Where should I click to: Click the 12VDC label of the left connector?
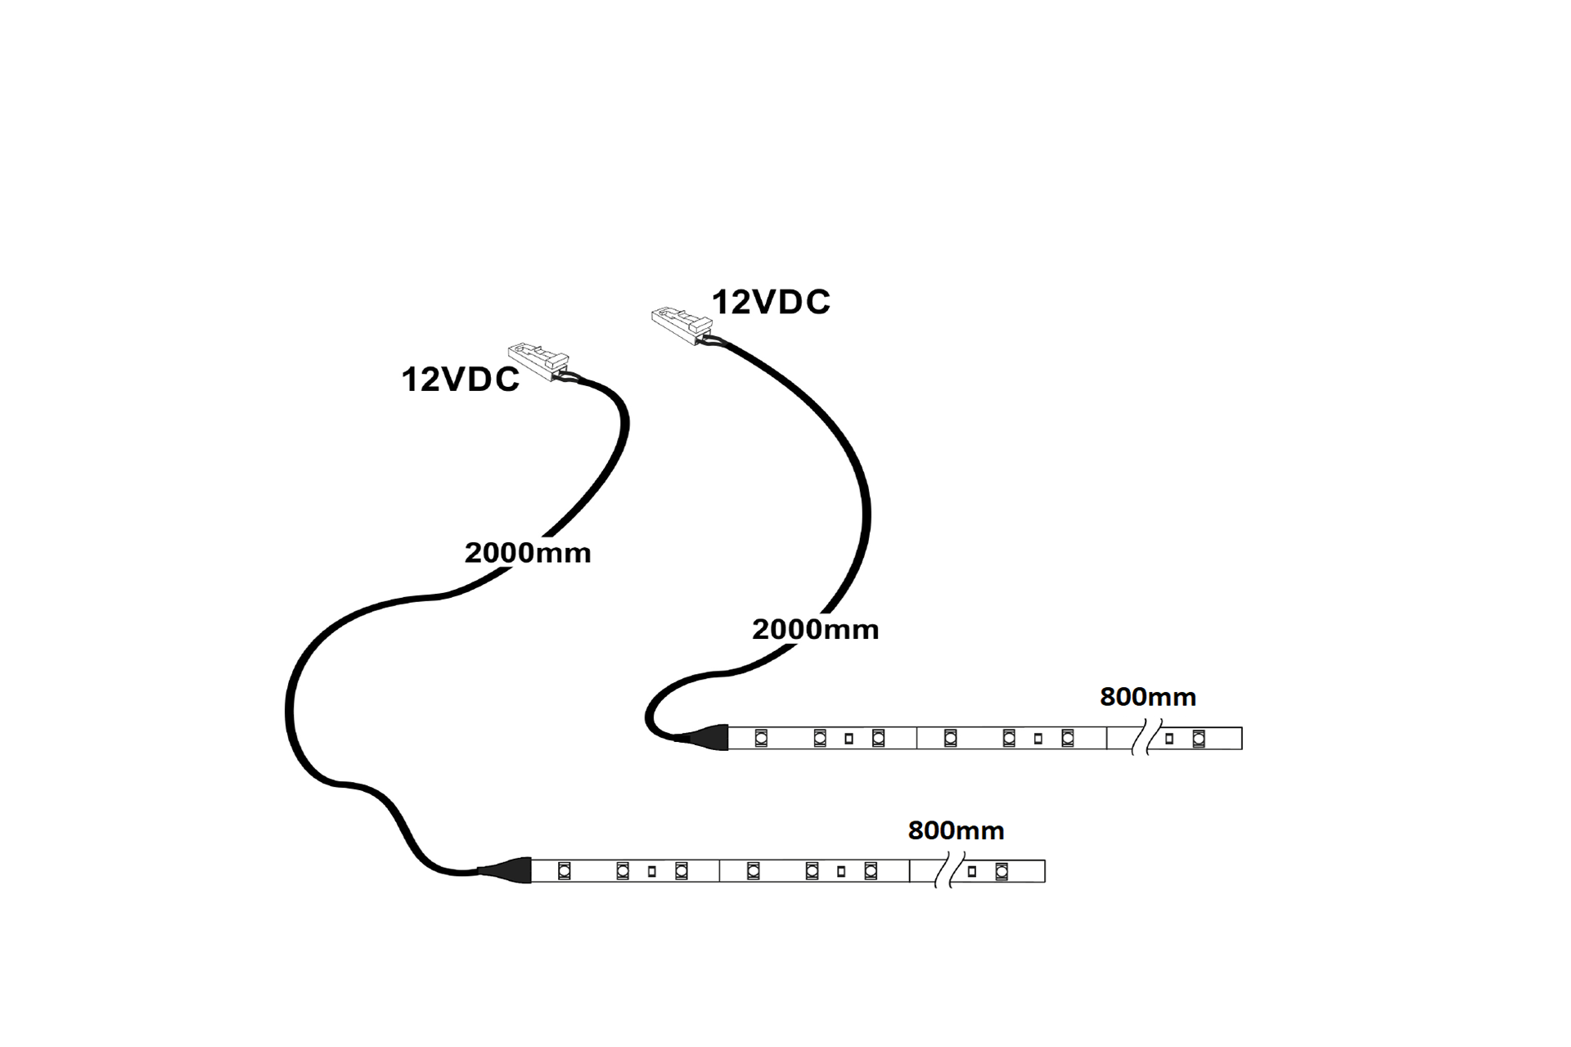[460, 380]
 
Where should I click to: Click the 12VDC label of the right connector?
[771, 303]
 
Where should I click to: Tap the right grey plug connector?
[682, 326]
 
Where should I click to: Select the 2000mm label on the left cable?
[528, 553]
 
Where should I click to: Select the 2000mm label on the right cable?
[815, 629]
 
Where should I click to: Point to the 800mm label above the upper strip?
[1148, 697]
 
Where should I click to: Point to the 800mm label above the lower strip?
[956, 830]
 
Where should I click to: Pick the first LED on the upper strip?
[761, 738]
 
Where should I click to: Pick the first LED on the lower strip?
[564, 871]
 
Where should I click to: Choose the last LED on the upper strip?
[1199, 739]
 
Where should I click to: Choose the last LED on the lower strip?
[1002, 872]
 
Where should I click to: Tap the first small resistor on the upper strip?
[849, 739]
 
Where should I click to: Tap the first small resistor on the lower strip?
[652, 872]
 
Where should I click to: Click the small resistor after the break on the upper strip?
[1169, 739]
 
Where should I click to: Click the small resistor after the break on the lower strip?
[972, 872]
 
